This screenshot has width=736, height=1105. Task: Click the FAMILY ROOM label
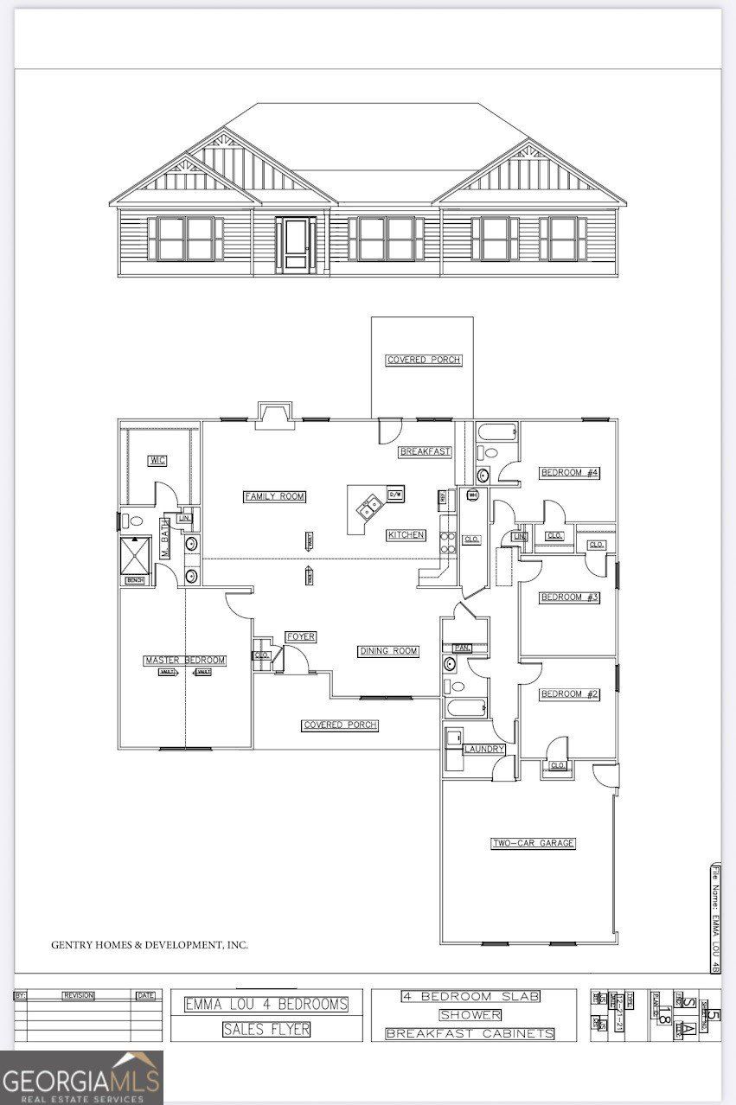[x=274, y=496]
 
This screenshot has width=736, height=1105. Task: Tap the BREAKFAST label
[x=425, y=451]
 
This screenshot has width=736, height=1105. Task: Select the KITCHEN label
[x=406, y=535]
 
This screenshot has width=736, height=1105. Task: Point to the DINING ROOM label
[x=388, y=651]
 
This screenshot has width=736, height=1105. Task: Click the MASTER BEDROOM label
[x=185, y=661]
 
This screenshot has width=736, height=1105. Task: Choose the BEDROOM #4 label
[x=570, y=472]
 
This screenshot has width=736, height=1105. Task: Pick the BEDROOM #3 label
[x=570, y=597]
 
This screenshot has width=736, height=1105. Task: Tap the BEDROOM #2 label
[x=570, y=694]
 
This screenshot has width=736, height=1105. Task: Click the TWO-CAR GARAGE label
[x=534, y=843]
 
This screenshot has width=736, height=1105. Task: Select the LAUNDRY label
[x=484, y=749]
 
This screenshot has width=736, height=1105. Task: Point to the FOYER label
[x=301, y=637]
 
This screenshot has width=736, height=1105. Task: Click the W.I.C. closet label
[x=157, y=459]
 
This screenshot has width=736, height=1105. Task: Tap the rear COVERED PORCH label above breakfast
[x=424, y=360]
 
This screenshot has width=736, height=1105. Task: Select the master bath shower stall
[x=136, y=553]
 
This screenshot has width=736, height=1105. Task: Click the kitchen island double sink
[x=370, y=505]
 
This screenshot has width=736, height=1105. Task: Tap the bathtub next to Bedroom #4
[x=496, y=432]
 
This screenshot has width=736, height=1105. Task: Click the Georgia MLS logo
[x=81, y=1076]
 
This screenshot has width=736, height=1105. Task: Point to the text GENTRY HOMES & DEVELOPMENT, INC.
[x=150, y=945]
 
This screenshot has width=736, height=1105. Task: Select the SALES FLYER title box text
[x=266, y=1029]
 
